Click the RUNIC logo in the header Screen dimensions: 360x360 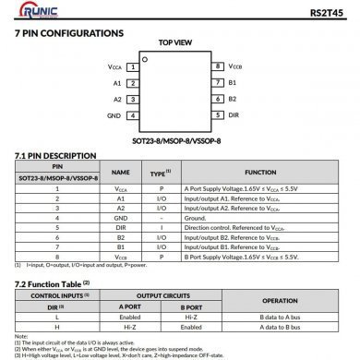click(x=34, y=12)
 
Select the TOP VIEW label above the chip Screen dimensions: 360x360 click(x=175, y=42)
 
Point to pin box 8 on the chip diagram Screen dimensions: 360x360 click(x=218, y=66)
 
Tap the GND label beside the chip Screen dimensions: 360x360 click(x=114, y=116)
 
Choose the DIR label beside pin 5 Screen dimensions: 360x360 click(x=234, y=116)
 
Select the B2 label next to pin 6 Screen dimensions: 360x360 click(x=233, y=100)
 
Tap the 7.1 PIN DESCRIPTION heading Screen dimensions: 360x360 click(x=55, y=156)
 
